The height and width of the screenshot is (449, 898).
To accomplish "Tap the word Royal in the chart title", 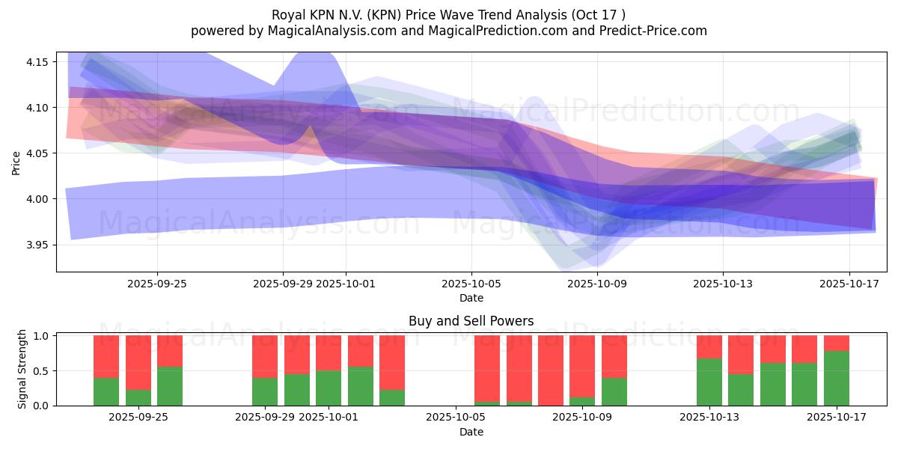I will pyautogui.click(x=288, y=14).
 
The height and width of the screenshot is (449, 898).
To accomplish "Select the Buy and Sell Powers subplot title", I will pyautogui.click(x=471, y=321).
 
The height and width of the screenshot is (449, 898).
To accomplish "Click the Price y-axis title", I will pyautogui.click(x=16, y=162).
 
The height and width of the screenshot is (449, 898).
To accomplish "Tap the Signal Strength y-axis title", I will pyautogui.click(x=22, y=370).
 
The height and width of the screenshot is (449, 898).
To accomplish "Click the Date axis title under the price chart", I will pyautogui.click(x=471, y=298).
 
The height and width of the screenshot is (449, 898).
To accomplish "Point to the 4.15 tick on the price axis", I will pyautogui.click(x=36, y=61).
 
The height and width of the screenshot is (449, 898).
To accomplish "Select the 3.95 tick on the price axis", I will pyautogui.click(x=36, y=245).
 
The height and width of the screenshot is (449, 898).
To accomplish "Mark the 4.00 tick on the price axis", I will pyautogui.click(x=36, y=199).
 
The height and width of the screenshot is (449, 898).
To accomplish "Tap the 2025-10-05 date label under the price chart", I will pyautogui.click(x=471, y=284).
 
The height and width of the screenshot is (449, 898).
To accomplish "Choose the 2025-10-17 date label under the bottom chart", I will pyautogui.click(x=836, y=417).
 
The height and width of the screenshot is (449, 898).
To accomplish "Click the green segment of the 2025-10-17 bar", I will pyautogui.click(x=837, y=378).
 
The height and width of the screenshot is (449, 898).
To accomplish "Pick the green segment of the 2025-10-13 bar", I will pyautogui.click(x=709, y=382).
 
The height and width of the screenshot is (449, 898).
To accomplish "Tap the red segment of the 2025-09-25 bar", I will pyautogui.click(x=170, y=350).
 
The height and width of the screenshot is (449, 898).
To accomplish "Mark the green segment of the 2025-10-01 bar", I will pyautogui.click(x=329, y=388).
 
